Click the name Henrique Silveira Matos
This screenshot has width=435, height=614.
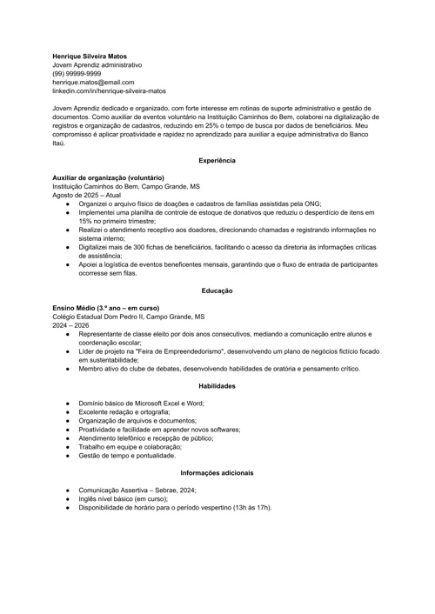coord(89,57)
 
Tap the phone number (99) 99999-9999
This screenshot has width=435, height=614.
coord(77,74)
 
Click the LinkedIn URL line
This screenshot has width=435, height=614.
coord(109,90)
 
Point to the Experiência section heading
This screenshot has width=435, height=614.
coord(217,161)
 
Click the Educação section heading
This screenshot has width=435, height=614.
coord(217,290)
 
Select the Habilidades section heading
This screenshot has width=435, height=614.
coord(217,385)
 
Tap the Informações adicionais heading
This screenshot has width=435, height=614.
coord(217,472)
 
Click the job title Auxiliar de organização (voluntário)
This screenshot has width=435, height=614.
coord(108,177)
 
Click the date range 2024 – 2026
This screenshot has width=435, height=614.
coord(70,325)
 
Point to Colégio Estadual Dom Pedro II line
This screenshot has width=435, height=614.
coord(129,317)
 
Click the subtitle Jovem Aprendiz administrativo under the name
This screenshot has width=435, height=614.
coord(97,65)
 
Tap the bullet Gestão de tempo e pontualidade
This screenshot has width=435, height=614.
coord(127,455)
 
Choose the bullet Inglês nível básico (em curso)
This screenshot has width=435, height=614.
coord(123,498)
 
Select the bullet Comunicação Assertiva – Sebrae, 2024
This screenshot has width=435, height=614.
coord(137,490)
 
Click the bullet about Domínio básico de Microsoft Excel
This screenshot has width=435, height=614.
coord(141,403)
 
